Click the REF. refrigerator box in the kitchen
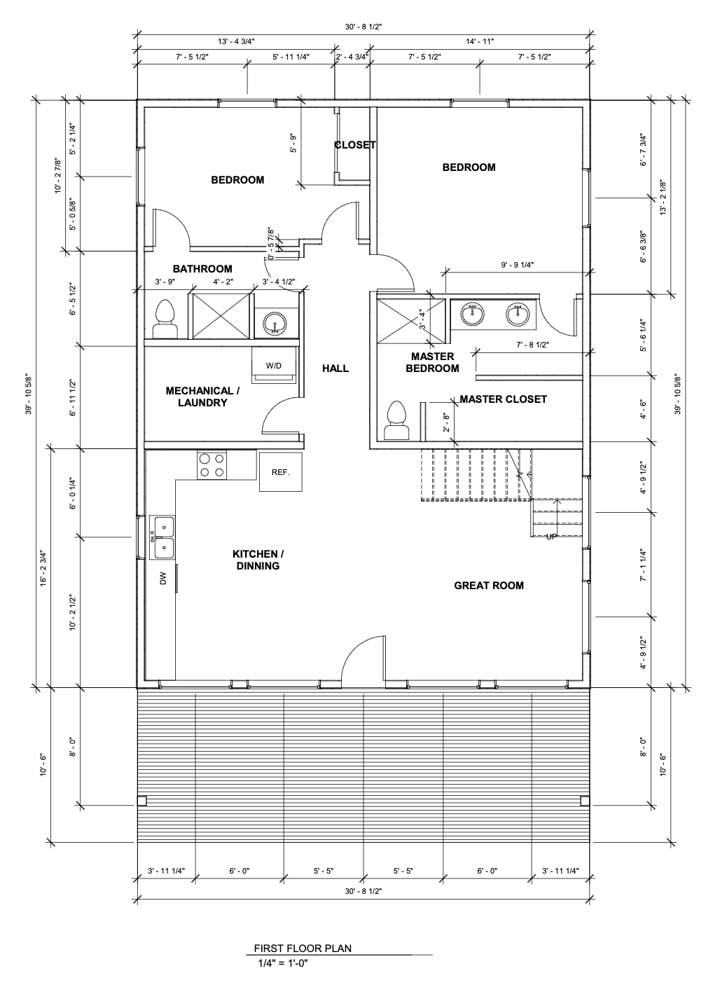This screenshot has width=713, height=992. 281,471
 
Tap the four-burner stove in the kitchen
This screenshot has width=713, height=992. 212,465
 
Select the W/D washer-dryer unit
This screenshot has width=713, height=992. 274,366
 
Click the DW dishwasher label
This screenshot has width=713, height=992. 163,578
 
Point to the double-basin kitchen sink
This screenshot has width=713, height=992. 162,537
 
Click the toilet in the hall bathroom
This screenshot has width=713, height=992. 165,319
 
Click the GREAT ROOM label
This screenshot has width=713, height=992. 489,586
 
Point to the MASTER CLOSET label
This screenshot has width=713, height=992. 503,399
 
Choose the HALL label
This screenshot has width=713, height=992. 335,368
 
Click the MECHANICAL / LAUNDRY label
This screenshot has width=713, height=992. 202,397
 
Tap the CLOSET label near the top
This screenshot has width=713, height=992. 355,145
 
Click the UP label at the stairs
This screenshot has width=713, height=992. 551,537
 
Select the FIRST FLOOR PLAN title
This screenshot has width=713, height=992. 303,948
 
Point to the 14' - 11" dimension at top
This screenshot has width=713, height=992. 480,41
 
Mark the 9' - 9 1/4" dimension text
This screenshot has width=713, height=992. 518,265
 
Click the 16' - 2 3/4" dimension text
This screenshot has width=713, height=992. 43,569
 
